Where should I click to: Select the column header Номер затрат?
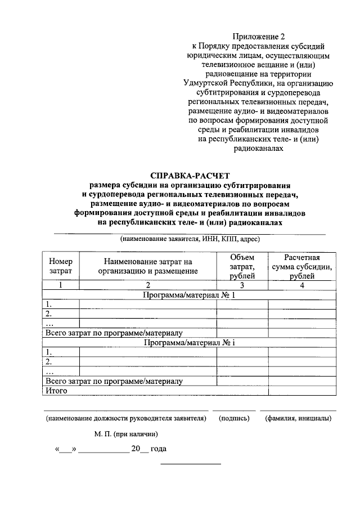[61, 266]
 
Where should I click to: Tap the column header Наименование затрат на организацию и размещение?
[148, 266]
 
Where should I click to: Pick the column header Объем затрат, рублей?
[242, 266]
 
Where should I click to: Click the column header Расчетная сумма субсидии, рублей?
[302, 266]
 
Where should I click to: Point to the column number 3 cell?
[242, 285]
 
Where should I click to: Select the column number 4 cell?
[302, 285]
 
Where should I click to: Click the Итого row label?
[57, 390]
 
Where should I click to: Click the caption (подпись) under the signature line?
[234, 418]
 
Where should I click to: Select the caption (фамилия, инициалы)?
[298, 418]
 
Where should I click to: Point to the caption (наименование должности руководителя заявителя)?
[127, 418]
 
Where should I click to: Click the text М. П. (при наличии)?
[126, 434]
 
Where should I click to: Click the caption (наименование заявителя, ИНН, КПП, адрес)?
[189, 239]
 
